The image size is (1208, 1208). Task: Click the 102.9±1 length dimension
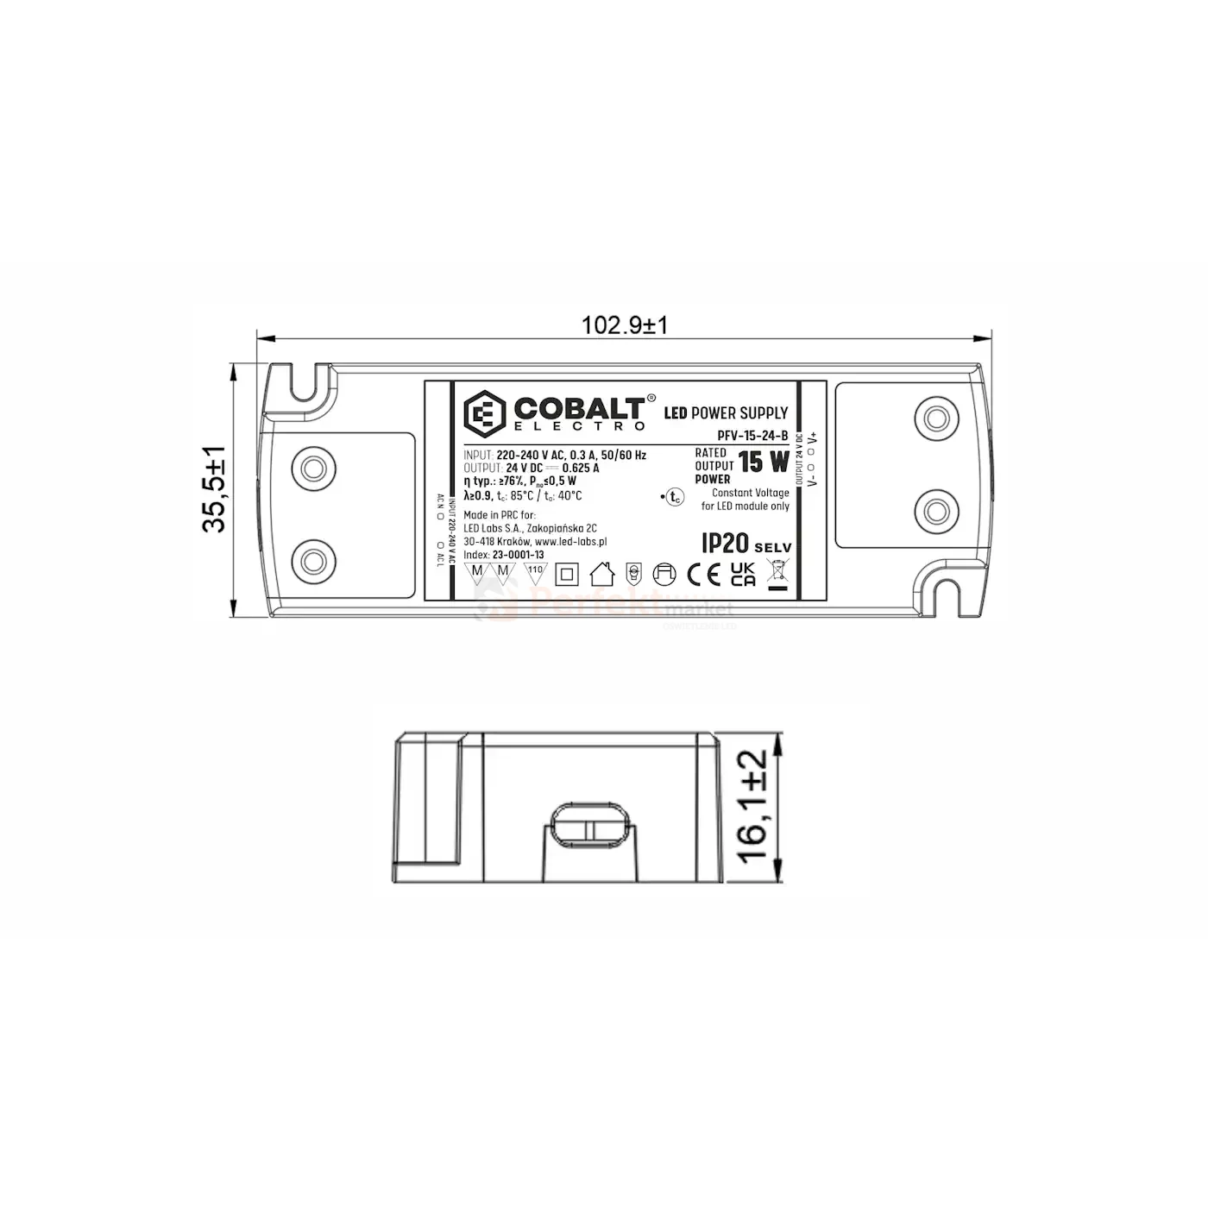[x=624, y=325]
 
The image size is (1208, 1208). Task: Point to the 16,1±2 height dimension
[x=753, y=806]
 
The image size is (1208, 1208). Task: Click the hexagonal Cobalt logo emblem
[x=486, y=414]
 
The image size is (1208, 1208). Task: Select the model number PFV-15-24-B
[x=752, y=437]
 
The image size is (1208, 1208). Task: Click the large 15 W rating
[x=764, y=462]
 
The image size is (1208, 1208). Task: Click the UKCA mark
[x=743, y=575]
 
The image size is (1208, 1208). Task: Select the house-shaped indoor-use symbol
[x=601, y=573]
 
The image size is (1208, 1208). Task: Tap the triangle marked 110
[x=535, y=572]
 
